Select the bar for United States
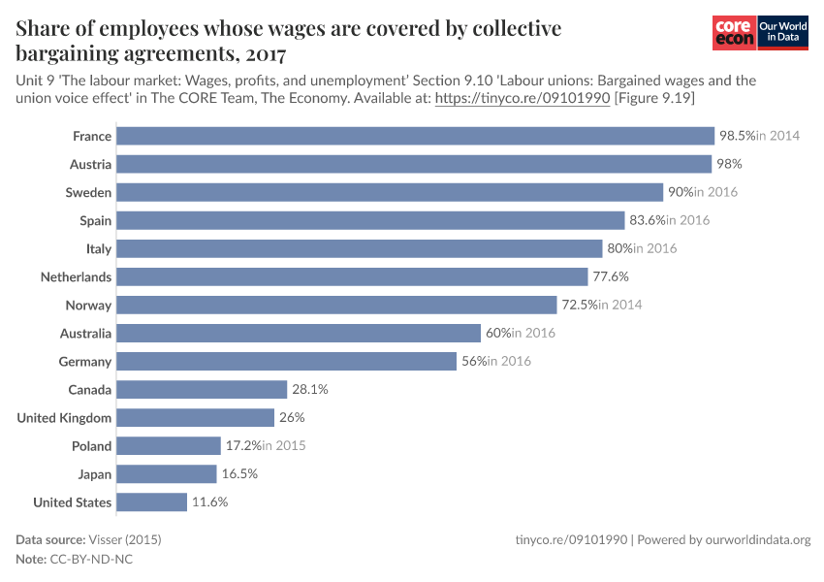point(151,502)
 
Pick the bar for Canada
point(202,390)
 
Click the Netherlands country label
point(76,277)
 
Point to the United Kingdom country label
point(64,418)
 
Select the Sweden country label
point(88,193)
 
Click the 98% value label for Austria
point(728,164)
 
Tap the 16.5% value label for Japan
point(238,474)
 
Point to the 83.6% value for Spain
point(646,220)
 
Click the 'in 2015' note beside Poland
point(284,446)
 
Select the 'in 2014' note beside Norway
point(619,306)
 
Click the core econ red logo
point(734,34)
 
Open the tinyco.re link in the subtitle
point(521,99)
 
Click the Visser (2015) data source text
point(125,540)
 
